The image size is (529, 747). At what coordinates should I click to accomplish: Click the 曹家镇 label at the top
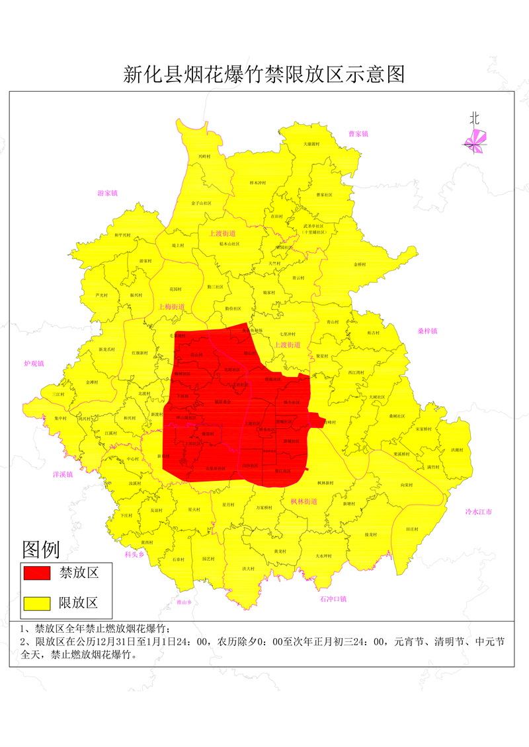click(358, 134)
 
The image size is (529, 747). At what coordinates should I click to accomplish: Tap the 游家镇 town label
click(107, 194)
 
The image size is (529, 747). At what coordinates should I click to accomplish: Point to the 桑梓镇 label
click(428, 331)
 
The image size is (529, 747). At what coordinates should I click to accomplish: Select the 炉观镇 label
click(34, 364)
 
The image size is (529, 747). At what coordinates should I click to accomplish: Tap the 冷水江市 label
click(479, 512)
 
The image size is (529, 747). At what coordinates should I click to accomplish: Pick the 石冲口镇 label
click(333, 599)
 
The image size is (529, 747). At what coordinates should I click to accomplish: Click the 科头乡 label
click(134, 555)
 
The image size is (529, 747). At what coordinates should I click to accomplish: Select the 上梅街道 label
click(171, 306)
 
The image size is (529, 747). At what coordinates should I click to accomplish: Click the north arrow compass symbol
click(475, 137)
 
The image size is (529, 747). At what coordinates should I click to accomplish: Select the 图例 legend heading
click(41, 549)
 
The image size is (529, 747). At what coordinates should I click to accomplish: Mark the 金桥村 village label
click(360, 264)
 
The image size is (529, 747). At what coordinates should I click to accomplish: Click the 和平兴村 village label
click(122, 235)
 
